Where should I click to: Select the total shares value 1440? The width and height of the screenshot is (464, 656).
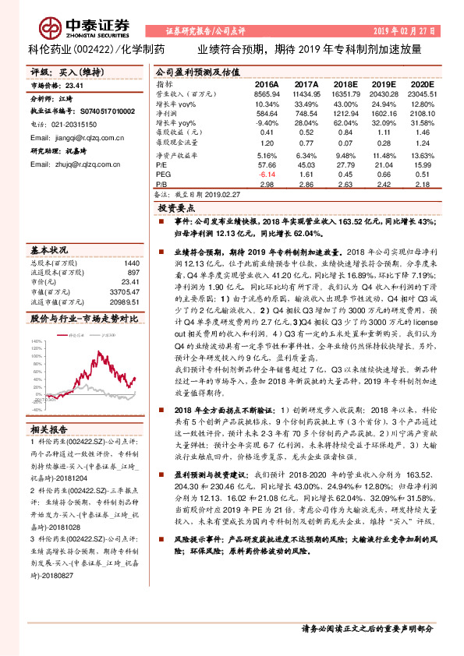(x=132, y=263)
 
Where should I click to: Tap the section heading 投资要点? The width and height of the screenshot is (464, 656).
(x=176, y=209)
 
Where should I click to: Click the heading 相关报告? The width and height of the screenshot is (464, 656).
(x=48, y=429)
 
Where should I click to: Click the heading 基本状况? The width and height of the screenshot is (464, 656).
(x=48, y=251)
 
